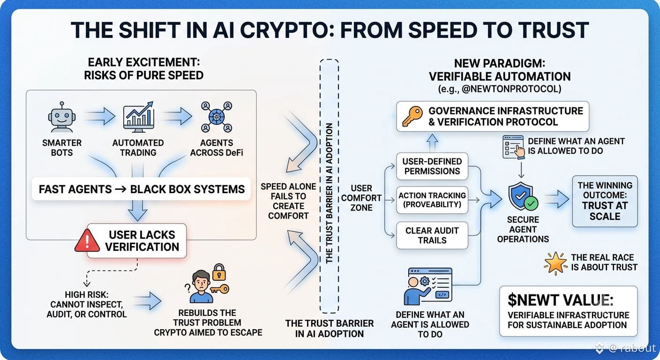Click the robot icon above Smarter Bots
click(x=61, y=117)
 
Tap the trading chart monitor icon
click(x=138, y=117)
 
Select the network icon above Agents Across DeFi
click(x=217, y=117)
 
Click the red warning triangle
click(x=87, y=240)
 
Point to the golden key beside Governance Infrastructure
click(x=412, y=117)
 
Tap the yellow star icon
click(x=555, y=263)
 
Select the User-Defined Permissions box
click(x=432, y=166)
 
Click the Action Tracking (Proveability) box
click(x=432, y=200)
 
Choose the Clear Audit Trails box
click(x=432, y=235)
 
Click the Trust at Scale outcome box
click(x=605, y=201)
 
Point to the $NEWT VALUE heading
click(x=561, y=300)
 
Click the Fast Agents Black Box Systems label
click(x=142, y=189)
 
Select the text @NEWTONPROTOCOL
click(x=511, y=89)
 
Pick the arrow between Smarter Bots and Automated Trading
click(x=100, y=116)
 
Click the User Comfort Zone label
click(x=361, y=198)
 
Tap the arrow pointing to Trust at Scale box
click(x=556, y=199)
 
